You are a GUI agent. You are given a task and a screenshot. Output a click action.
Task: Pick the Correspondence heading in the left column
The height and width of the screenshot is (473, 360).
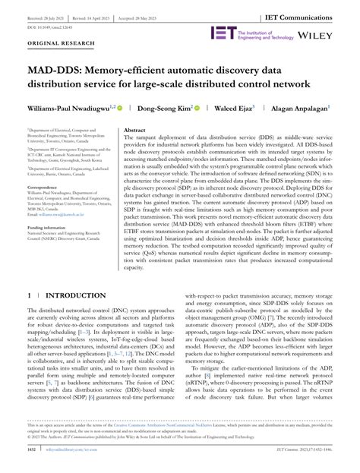[x=45, y=186]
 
